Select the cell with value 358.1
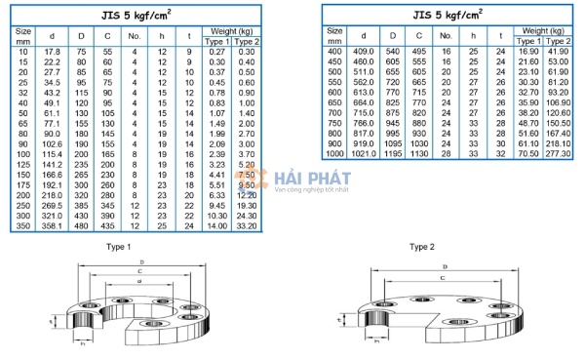coord(53,225)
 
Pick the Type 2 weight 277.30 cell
coord(559,154)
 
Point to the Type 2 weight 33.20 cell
coord(247,225)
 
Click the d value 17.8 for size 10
coord(53,50)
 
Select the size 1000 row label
coord(334,154)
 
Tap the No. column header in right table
coord(444,36)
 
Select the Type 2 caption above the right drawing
coord(420,248)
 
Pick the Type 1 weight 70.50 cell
coord(527,154)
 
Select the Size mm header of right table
coord(334,36)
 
